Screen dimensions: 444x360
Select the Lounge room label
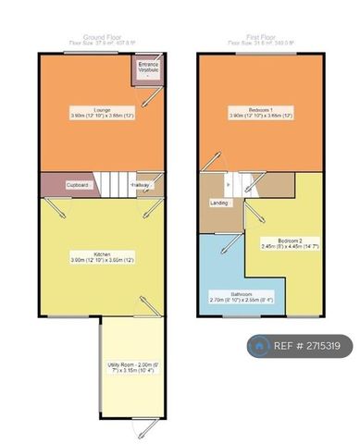[x=90, y=109]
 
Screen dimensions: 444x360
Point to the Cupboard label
[x=78, y=185]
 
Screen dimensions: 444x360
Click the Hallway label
[x=140, y=185]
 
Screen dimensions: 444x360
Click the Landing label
[x=219, y=203]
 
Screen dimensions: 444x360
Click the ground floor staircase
[x=115, y=184]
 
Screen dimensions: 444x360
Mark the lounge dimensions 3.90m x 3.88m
[x=90, y=115]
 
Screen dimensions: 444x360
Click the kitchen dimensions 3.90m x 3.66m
[x=90, y=260]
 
